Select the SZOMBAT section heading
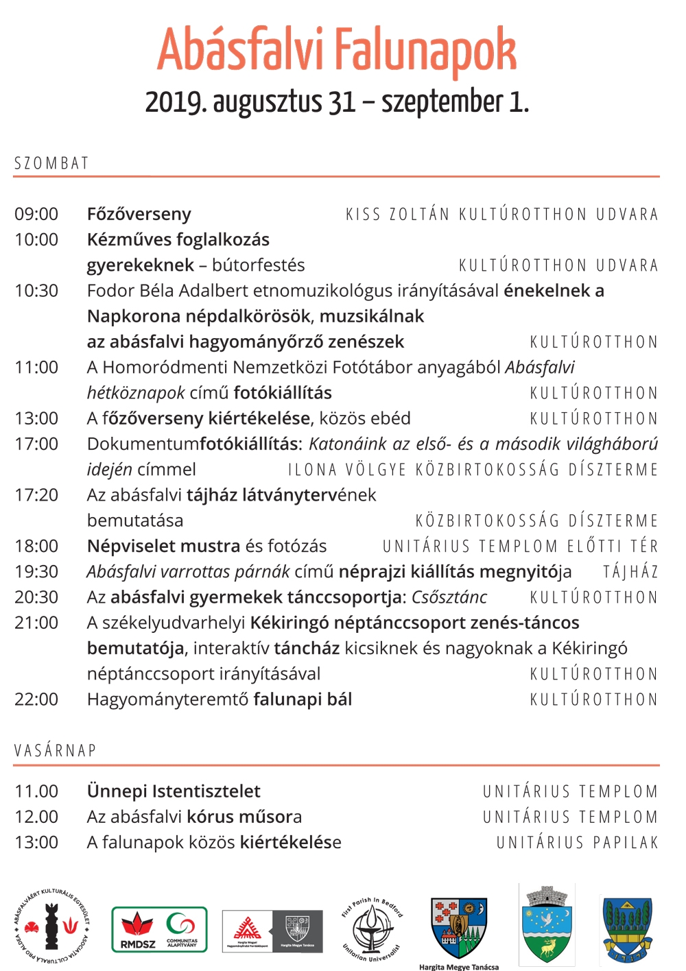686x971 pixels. pyautogui.click(x=51, y=163)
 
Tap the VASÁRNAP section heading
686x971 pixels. pyautogui.click(x=55, y=750)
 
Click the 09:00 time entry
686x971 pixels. pyautogui.click(x=36, y=214)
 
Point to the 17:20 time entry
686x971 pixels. pyautogui.click(x=36, y=495)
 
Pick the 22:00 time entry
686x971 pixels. pyautogui.click(x=36, y=699)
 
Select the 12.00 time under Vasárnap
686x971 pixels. pyautogui.click(x=36, y=817)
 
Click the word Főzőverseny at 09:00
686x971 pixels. pyautogui.click(x=139, y=214)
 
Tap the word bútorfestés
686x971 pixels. pyautogui.click(x=258, y=265)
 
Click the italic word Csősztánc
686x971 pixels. pyautogui.click(x=449, y=597)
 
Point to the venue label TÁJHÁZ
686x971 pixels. pyautogui.click(x=630, y=572)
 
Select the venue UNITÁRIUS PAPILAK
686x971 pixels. pyautogui.click(x=577, y=842)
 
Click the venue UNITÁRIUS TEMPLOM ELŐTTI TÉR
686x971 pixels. pyautogui.click(x=520, y=547)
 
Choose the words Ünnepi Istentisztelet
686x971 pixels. pyautogui.click(x=174, y=791)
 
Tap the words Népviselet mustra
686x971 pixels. pyautogui.click(x=163, y=547)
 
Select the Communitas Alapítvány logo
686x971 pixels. pyautogui.click(x=182, y=931)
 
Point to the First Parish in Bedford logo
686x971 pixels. pyautogui.click(x=371, y=928)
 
